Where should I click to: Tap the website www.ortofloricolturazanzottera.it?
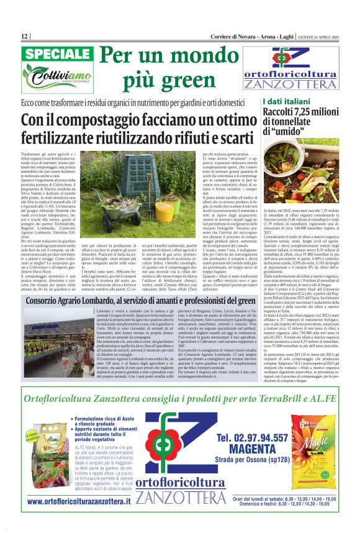coord(79,517)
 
